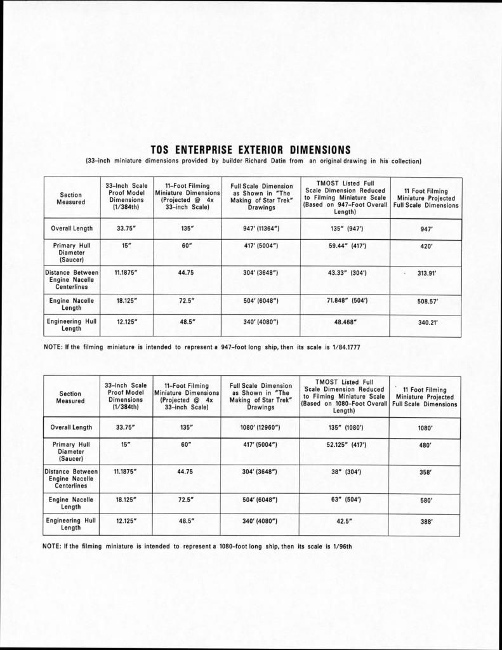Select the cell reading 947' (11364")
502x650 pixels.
point(260,229)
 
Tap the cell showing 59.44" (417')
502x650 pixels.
point(345,246)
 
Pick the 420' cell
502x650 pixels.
point(426,246)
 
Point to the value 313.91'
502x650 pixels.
point(427,274)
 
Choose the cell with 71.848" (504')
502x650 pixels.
point(345,301)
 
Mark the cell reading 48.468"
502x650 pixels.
point(345,322)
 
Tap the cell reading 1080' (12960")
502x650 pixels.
point(260,428)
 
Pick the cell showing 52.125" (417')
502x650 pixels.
point(344,445)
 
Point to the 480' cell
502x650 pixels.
point(426,446)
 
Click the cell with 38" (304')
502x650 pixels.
point(345,472)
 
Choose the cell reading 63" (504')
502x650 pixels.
point(345,500)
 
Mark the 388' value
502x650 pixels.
point(426,522)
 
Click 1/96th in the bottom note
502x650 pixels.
point(340,547)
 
